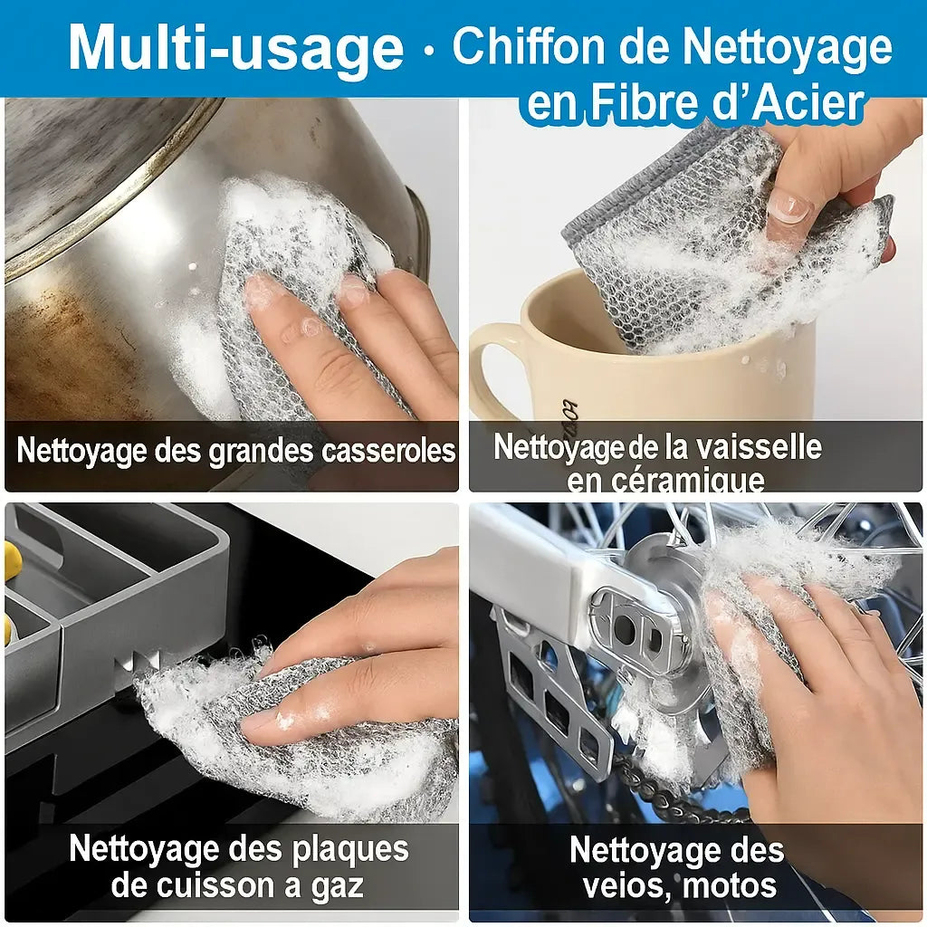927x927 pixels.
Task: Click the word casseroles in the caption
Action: click(388, 451)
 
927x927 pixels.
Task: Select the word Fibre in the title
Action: click(642, 102)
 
